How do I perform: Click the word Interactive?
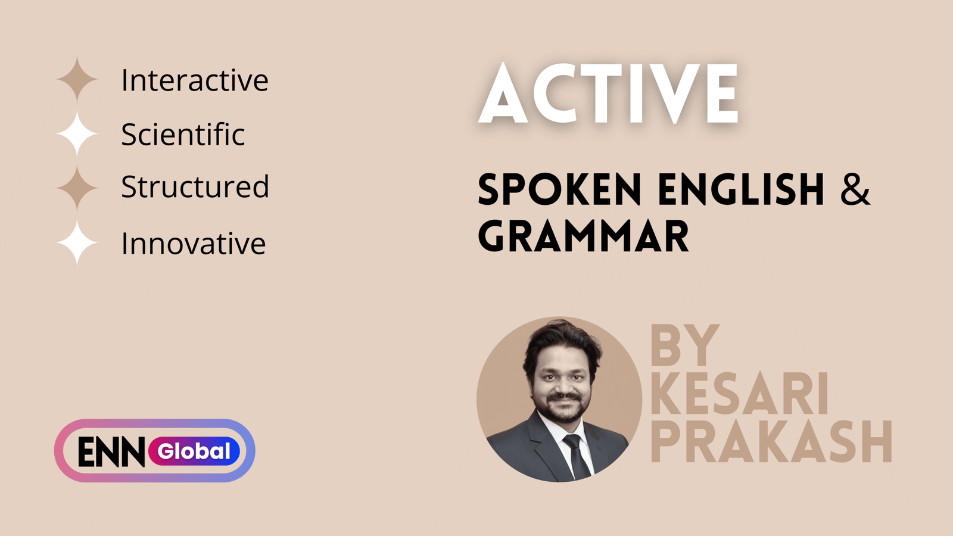coord(195,80)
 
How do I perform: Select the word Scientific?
coord(183,135)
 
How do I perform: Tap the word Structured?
coord(195,187)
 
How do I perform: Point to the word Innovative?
coord(193,244)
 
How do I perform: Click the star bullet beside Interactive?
coord(77,79)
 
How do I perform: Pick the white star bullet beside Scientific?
coord(77,134)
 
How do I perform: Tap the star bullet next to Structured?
coord(77,187)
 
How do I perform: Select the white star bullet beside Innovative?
coord(77,242)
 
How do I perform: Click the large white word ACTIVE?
coord(609,94)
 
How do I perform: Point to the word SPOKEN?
coord(559,190)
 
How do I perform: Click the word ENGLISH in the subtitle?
coord(741,190)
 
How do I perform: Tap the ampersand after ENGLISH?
coord(855,190)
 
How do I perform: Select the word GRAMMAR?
coord(583,236)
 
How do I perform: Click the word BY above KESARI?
coord(684,345)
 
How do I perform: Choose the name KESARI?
coord(739,394)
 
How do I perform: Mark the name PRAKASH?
coord(771,441)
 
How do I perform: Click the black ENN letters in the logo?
coord(111,452)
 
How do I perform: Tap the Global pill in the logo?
coord(194,451)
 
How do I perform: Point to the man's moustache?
coord(563,397)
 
